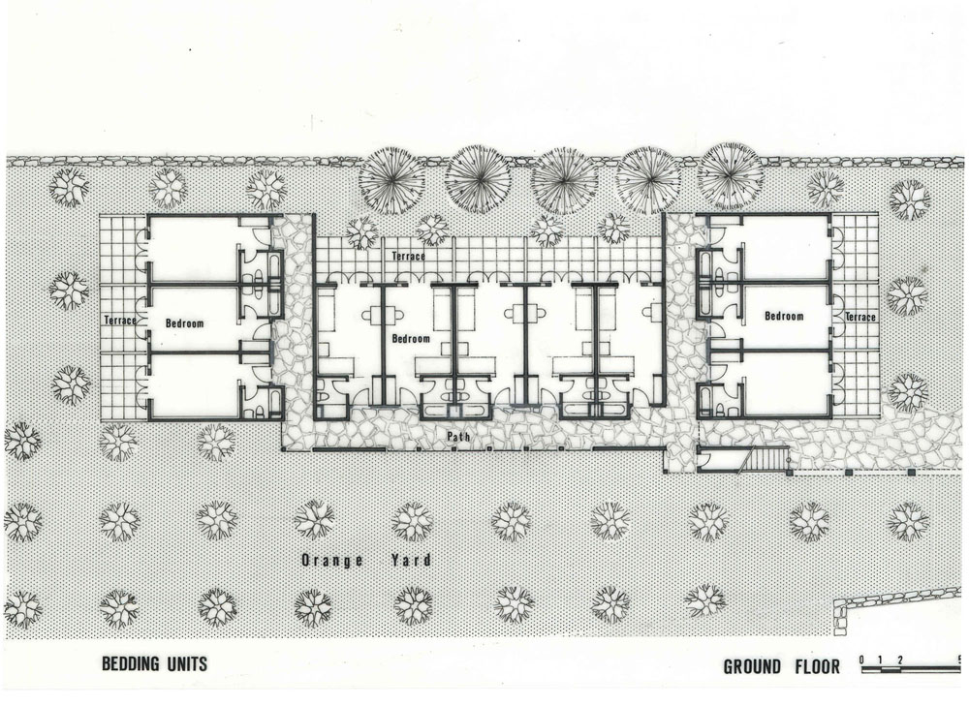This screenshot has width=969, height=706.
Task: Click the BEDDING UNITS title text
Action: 154,664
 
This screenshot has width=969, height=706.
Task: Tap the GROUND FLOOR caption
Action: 782,667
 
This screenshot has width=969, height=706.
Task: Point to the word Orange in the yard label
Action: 331,561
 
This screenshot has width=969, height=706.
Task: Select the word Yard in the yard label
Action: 410,561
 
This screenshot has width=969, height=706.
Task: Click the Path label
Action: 458,437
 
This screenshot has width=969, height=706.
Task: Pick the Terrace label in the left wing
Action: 120,321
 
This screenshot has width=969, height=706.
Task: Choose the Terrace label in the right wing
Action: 860,317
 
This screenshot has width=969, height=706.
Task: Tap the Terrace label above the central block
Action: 409,256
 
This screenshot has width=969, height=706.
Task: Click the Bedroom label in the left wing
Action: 184,323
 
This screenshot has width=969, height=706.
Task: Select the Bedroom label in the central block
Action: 411,339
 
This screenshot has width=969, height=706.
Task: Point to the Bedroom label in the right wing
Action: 784,317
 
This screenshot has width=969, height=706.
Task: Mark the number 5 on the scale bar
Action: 958,660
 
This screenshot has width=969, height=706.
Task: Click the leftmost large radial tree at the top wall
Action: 391,180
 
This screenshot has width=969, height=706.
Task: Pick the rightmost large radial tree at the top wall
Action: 731,175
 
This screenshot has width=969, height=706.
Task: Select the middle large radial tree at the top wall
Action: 564,180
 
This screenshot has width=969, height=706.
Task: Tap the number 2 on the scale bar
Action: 900,660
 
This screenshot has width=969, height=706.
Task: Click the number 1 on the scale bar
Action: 881,660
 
